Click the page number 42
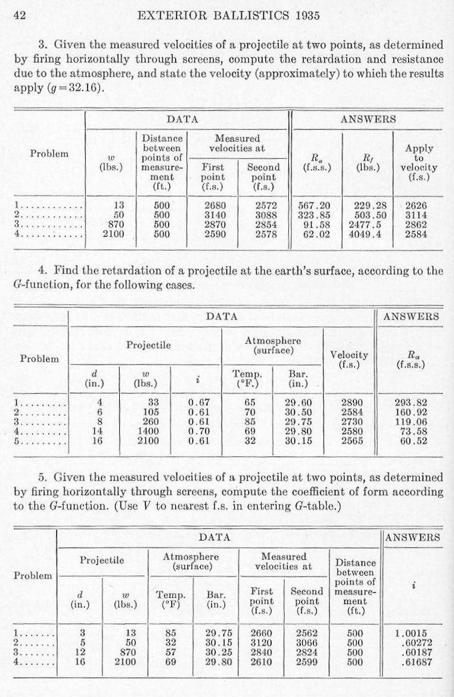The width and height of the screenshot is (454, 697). [x=18, y=16]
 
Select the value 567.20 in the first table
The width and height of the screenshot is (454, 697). [x=314, y=205]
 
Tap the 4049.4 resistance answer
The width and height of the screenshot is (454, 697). [x=368, y=235]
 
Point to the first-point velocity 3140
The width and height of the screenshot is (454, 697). [x=213, y=215]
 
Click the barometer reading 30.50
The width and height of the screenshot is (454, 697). [x=298, y=413]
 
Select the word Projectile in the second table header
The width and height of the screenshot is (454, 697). [x=148, y=345]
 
